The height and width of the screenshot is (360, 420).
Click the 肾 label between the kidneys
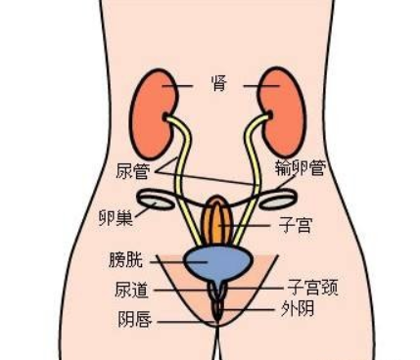[217, 83]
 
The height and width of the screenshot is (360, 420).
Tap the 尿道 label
[131, 291]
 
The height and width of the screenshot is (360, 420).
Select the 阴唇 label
[132, 319]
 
